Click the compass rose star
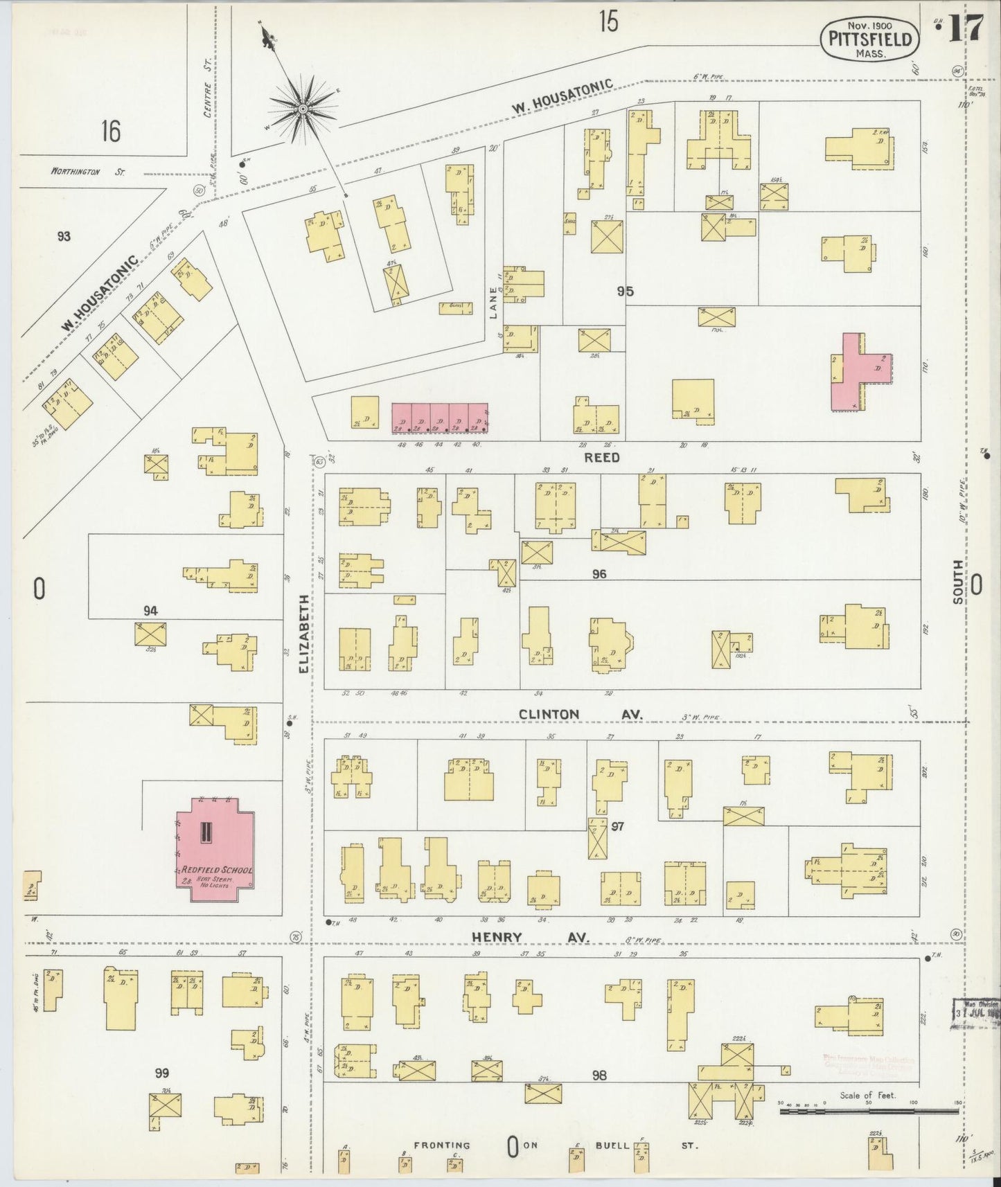coord(303,109)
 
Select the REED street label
coord(601,457)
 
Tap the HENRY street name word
coord(497,937)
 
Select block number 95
coord(625,291)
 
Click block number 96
coord(599,573)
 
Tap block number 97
coord(618,826)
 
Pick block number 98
coord(599,1075)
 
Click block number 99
coord(161,1073)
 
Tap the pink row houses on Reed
coord(440,419)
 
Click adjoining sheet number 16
coord(110,130)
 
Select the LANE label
coord(494,303)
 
